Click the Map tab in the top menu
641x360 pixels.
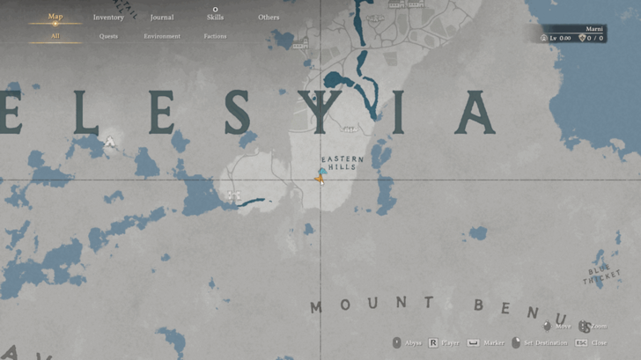click(x=55, y=17)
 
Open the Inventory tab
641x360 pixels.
click(x=108, y=17)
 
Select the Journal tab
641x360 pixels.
click(x=162, y=17)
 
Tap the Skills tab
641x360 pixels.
click(x=215, y=17)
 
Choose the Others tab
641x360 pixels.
click(x=269, y=17)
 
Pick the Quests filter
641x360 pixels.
click(x=108, y=36)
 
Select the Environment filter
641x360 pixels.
click(x=162, y=36)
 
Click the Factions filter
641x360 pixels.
click(x=215, y=36)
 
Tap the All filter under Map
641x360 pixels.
click(x=55, y=36)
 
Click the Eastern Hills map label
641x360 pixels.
click(x=343, y=163)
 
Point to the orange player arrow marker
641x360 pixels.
click(x=319, y=179)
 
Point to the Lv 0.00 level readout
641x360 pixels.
click(x=560, y=38)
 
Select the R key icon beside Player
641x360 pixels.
click(x=433, y=342)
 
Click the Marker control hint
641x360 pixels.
click(x=493, y=342)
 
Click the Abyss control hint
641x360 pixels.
click(x=411, y=342)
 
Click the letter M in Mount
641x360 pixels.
click(x=315, y=307)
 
